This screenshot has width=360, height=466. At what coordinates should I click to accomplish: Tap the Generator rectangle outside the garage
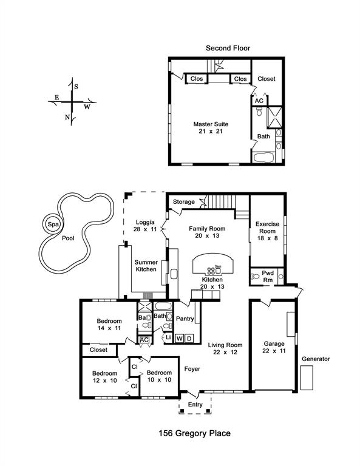(307, 378)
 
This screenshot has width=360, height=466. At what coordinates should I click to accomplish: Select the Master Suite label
(211, 124)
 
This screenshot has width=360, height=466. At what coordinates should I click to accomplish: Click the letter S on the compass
(76, 87)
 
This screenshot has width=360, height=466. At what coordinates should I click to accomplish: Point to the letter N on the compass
(67, 117)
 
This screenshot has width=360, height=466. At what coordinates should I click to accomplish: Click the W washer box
(179, 339)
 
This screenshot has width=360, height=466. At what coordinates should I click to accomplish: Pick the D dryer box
(189, 339)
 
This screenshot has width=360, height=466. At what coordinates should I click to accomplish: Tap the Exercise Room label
(268, 228)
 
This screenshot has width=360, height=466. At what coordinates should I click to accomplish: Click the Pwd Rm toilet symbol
(255, 277)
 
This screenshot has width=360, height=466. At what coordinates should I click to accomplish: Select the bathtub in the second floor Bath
(263, 158)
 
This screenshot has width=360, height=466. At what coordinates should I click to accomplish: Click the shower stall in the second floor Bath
(274, 116)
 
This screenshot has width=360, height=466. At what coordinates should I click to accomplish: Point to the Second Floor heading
(228, 48)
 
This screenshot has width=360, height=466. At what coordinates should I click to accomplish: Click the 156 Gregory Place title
(195, 433)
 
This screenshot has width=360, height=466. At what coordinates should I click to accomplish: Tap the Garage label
(274, 344)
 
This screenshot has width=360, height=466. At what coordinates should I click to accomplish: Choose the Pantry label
(185, 319)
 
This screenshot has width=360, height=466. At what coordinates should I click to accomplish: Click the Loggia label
(145, 222)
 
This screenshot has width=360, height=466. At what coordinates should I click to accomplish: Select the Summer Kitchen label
(146, 266)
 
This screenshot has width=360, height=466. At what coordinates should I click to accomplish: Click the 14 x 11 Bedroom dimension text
(109, 328)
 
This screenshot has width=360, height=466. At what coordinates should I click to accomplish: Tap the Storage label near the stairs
(184, 202)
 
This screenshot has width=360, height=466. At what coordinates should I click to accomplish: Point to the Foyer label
(192, 369)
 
